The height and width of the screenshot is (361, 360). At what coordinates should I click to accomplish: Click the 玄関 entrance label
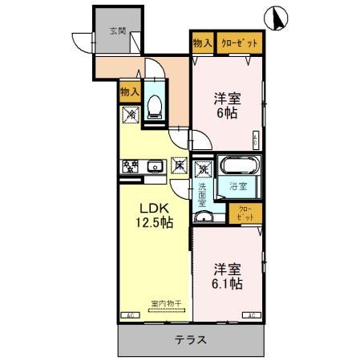(x=118, y=31)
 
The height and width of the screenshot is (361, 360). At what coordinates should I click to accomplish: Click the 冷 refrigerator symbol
(x=129, y=115)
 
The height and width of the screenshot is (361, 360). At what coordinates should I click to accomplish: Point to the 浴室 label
(x=237, y=187)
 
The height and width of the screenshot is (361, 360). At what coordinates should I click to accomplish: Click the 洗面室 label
(x=204, y=196)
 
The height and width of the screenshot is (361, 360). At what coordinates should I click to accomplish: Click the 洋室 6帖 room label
(x=227, y=107)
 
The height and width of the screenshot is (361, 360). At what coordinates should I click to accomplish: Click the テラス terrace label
(x=192, y=339)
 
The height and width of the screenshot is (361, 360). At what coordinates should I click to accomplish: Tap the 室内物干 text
(x=166, y=303)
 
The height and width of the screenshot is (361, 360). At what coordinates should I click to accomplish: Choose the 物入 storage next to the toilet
(x=130, y=92)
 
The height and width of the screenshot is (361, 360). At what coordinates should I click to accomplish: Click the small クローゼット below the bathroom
(x=245, y=213)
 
